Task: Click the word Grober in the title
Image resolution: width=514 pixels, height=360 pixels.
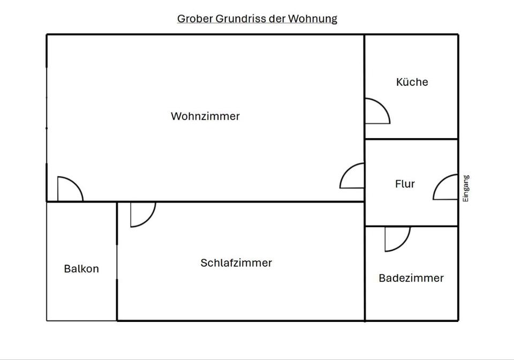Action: click(x=195, y=19)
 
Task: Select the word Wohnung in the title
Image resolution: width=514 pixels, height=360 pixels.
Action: click(x=313, y=19)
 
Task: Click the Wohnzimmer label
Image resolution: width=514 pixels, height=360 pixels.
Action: click(x=205, y=116)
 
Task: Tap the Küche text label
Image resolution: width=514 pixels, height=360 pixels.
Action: click(x=412, y=82)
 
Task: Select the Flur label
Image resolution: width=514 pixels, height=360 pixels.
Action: click(x=405, y=184)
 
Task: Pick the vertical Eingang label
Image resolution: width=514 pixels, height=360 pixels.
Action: click(x=466, y=188)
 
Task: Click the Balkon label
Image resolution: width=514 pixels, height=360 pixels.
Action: click(x=81, y=269)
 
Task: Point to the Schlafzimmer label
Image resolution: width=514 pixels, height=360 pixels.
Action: click(x=236, y=263)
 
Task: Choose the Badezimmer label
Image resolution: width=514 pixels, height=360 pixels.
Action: click(x=411, y=278)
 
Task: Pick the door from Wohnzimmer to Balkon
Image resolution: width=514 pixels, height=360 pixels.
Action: click(x=69, y=190)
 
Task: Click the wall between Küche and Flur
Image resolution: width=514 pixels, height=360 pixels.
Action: click(x=411, y=139)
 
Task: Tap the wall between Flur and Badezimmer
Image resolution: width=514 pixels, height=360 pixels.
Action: click(x=411, y=226)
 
